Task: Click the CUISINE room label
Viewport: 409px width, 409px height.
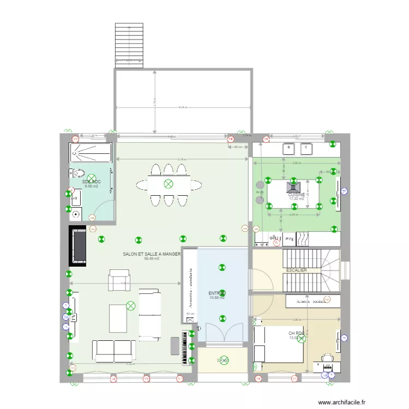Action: (297, 194)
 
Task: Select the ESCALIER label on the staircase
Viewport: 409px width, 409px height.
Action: (296, 270)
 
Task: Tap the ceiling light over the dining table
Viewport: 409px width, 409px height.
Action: (168, 184)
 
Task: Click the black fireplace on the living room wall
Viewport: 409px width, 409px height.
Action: (78, 246)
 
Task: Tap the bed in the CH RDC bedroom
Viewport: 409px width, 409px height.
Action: (279, 343)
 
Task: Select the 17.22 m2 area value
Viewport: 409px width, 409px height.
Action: (297, 199)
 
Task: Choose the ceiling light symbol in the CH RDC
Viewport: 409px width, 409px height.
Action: (302, 337)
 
